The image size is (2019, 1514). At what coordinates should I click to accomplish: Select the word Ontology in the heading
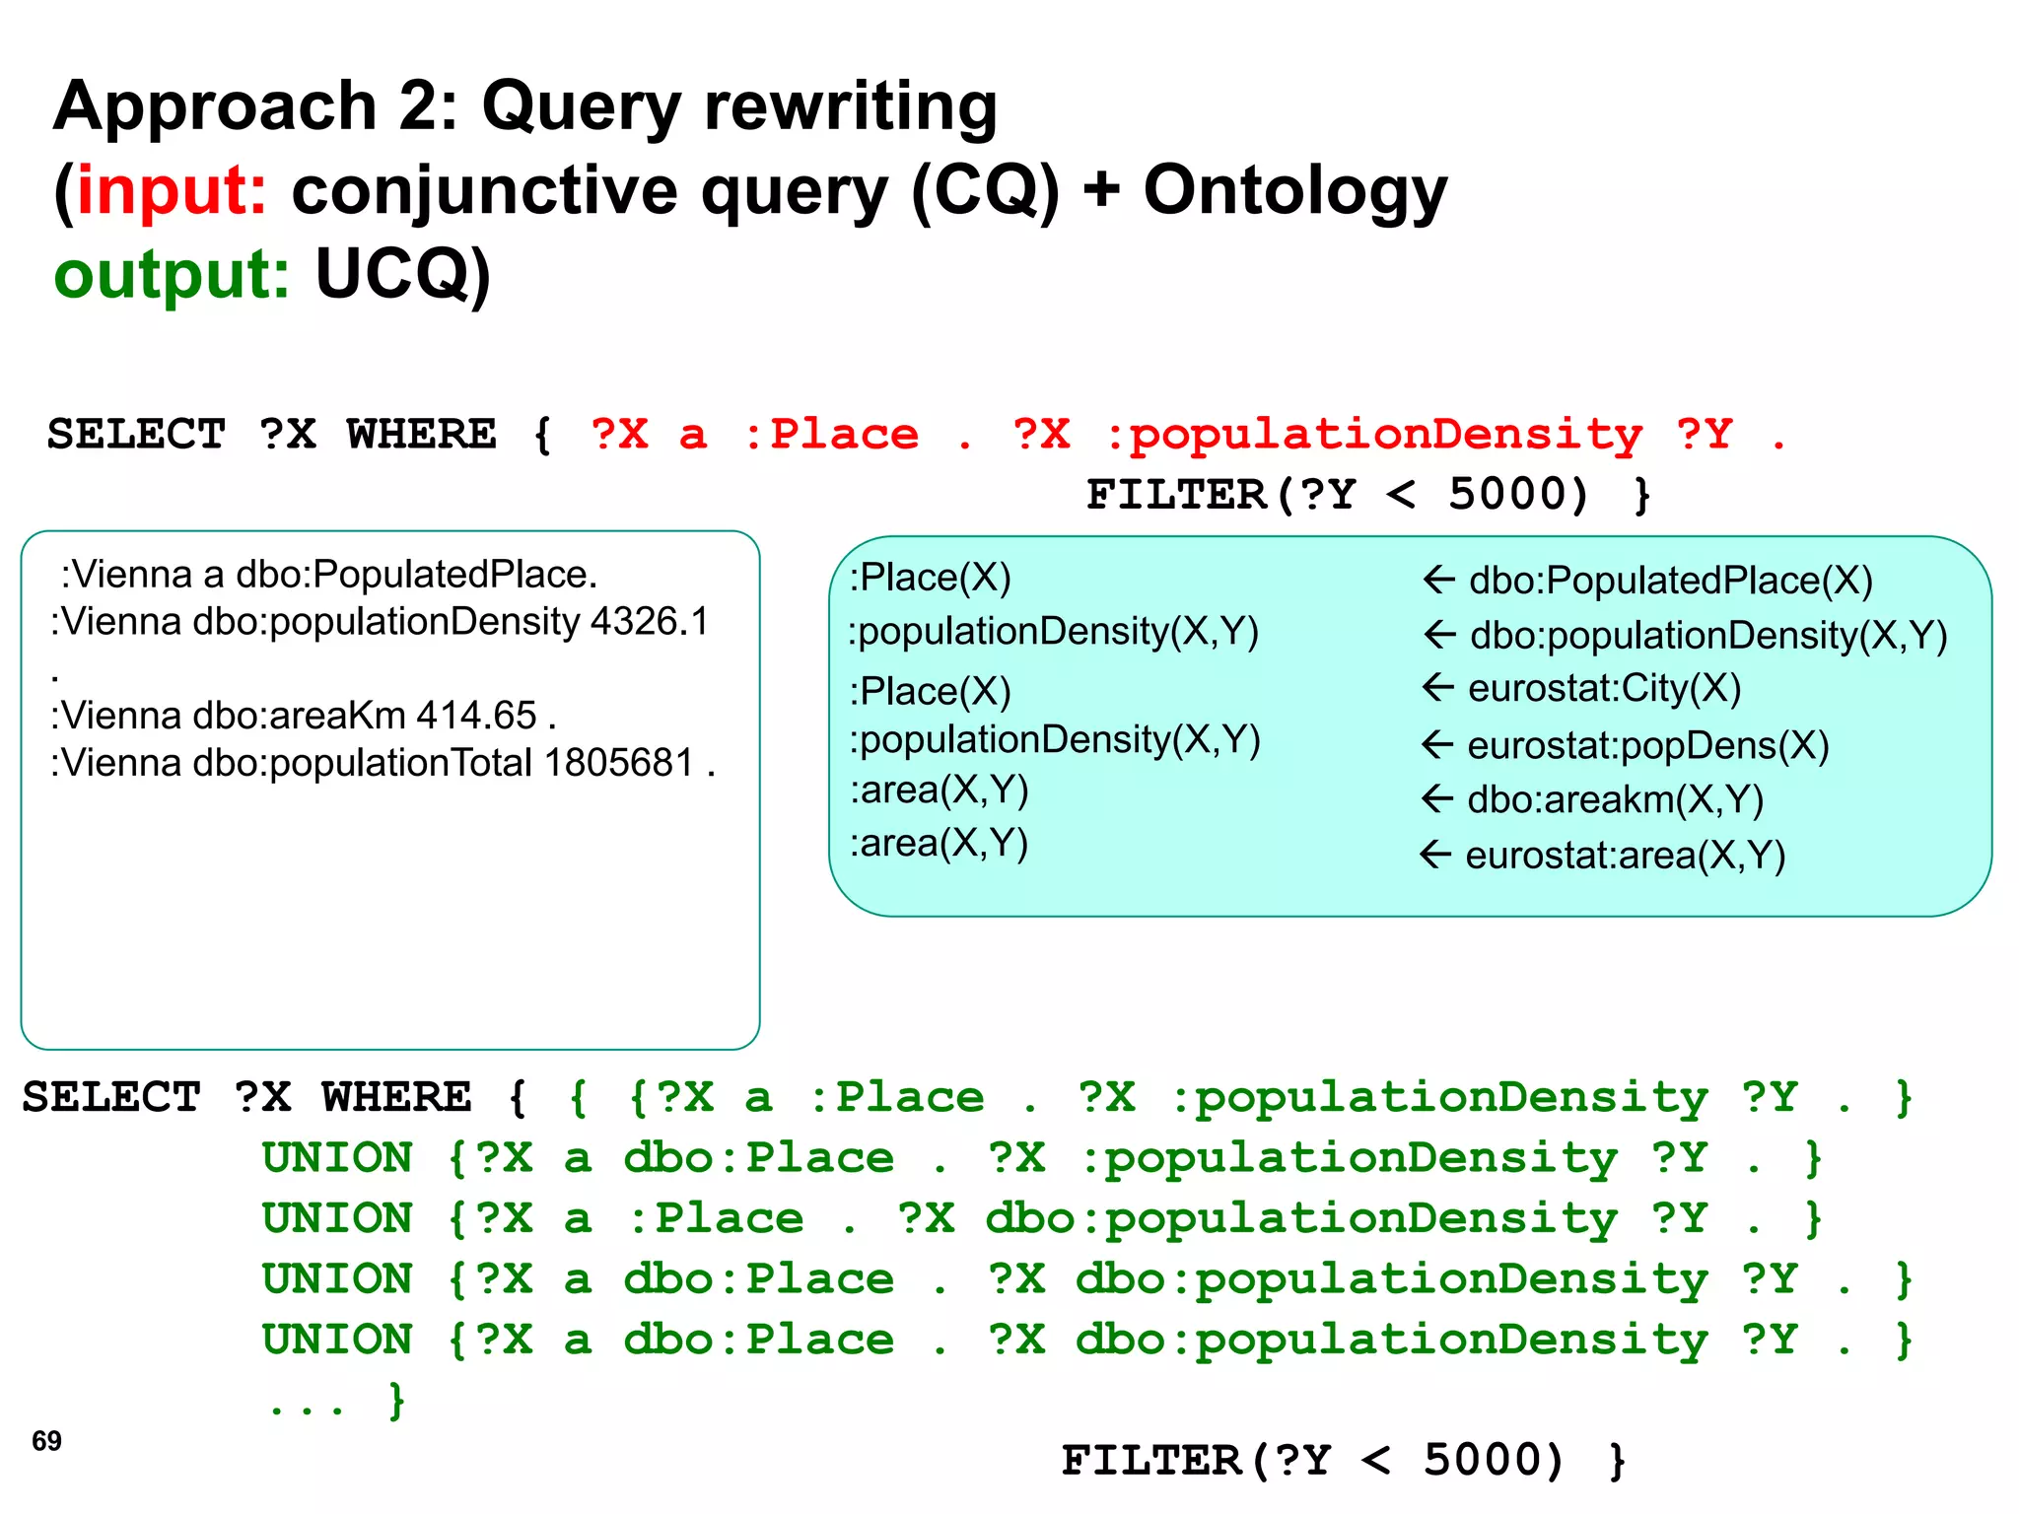[1294, 190]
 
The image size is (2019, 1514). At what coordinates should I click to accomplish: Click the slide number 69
[46, 1441]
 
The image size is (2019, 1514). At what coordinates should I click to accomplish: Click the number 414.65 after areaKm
[476, 716]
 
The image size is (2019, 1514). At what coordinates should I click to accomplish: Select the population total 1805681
[619, 763]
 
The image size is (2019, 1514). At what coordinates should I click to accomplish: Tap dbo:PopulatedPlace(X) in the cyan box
[1670, 581]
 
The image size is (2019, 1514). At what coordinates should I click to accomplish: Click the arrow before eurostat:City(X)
[1439, 687]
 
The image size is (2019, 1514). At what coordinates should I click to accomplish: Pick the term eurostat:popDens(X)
[1647, 746]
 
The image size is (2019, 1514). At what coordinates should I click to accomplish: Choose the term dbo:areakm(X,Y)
[1615, 799]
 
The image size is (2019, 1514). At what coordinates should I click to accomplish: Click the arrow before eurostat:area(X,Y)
[1435, 854]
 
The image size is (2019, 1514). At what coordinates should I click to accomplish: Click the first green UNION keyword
[337, 1158]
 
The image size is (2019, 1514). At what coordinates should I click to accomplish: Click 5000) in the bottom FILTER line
[1493, 1461]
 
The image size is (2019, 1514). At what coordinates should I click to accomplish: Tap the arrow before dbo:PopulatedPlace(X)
[1439, 580]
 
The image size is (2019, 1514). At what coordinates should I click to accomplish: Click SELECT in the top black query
[136, 435]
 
